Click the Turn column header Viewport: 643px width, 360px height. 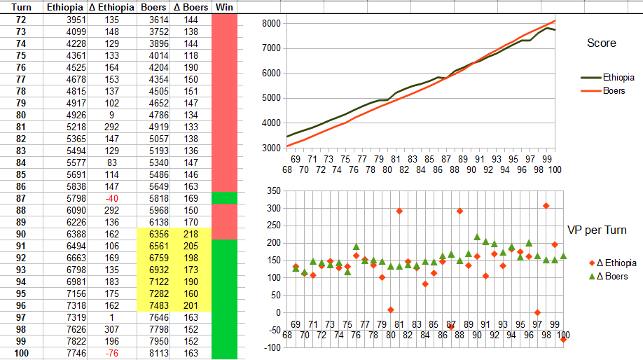[x=21, y=6]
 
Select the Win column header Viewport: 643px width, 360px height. [x=224, y=6]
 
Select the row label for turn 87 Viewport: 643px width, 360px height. [x=21, y=198]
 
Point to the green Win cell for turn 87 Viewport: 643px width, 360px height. [x=224, y=198]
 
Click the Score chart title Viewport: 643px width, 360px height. [x=601, y=43]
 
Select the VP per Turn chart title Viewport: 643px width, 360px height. [x=596, y=230]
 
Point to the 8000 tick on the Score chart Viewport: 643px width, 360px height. [x=270, y=23]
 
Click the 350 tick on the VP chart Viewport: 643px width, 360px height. [x=270, y=191]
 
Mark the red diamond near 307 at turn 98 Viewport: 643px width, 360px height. [x=546, y=206]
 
